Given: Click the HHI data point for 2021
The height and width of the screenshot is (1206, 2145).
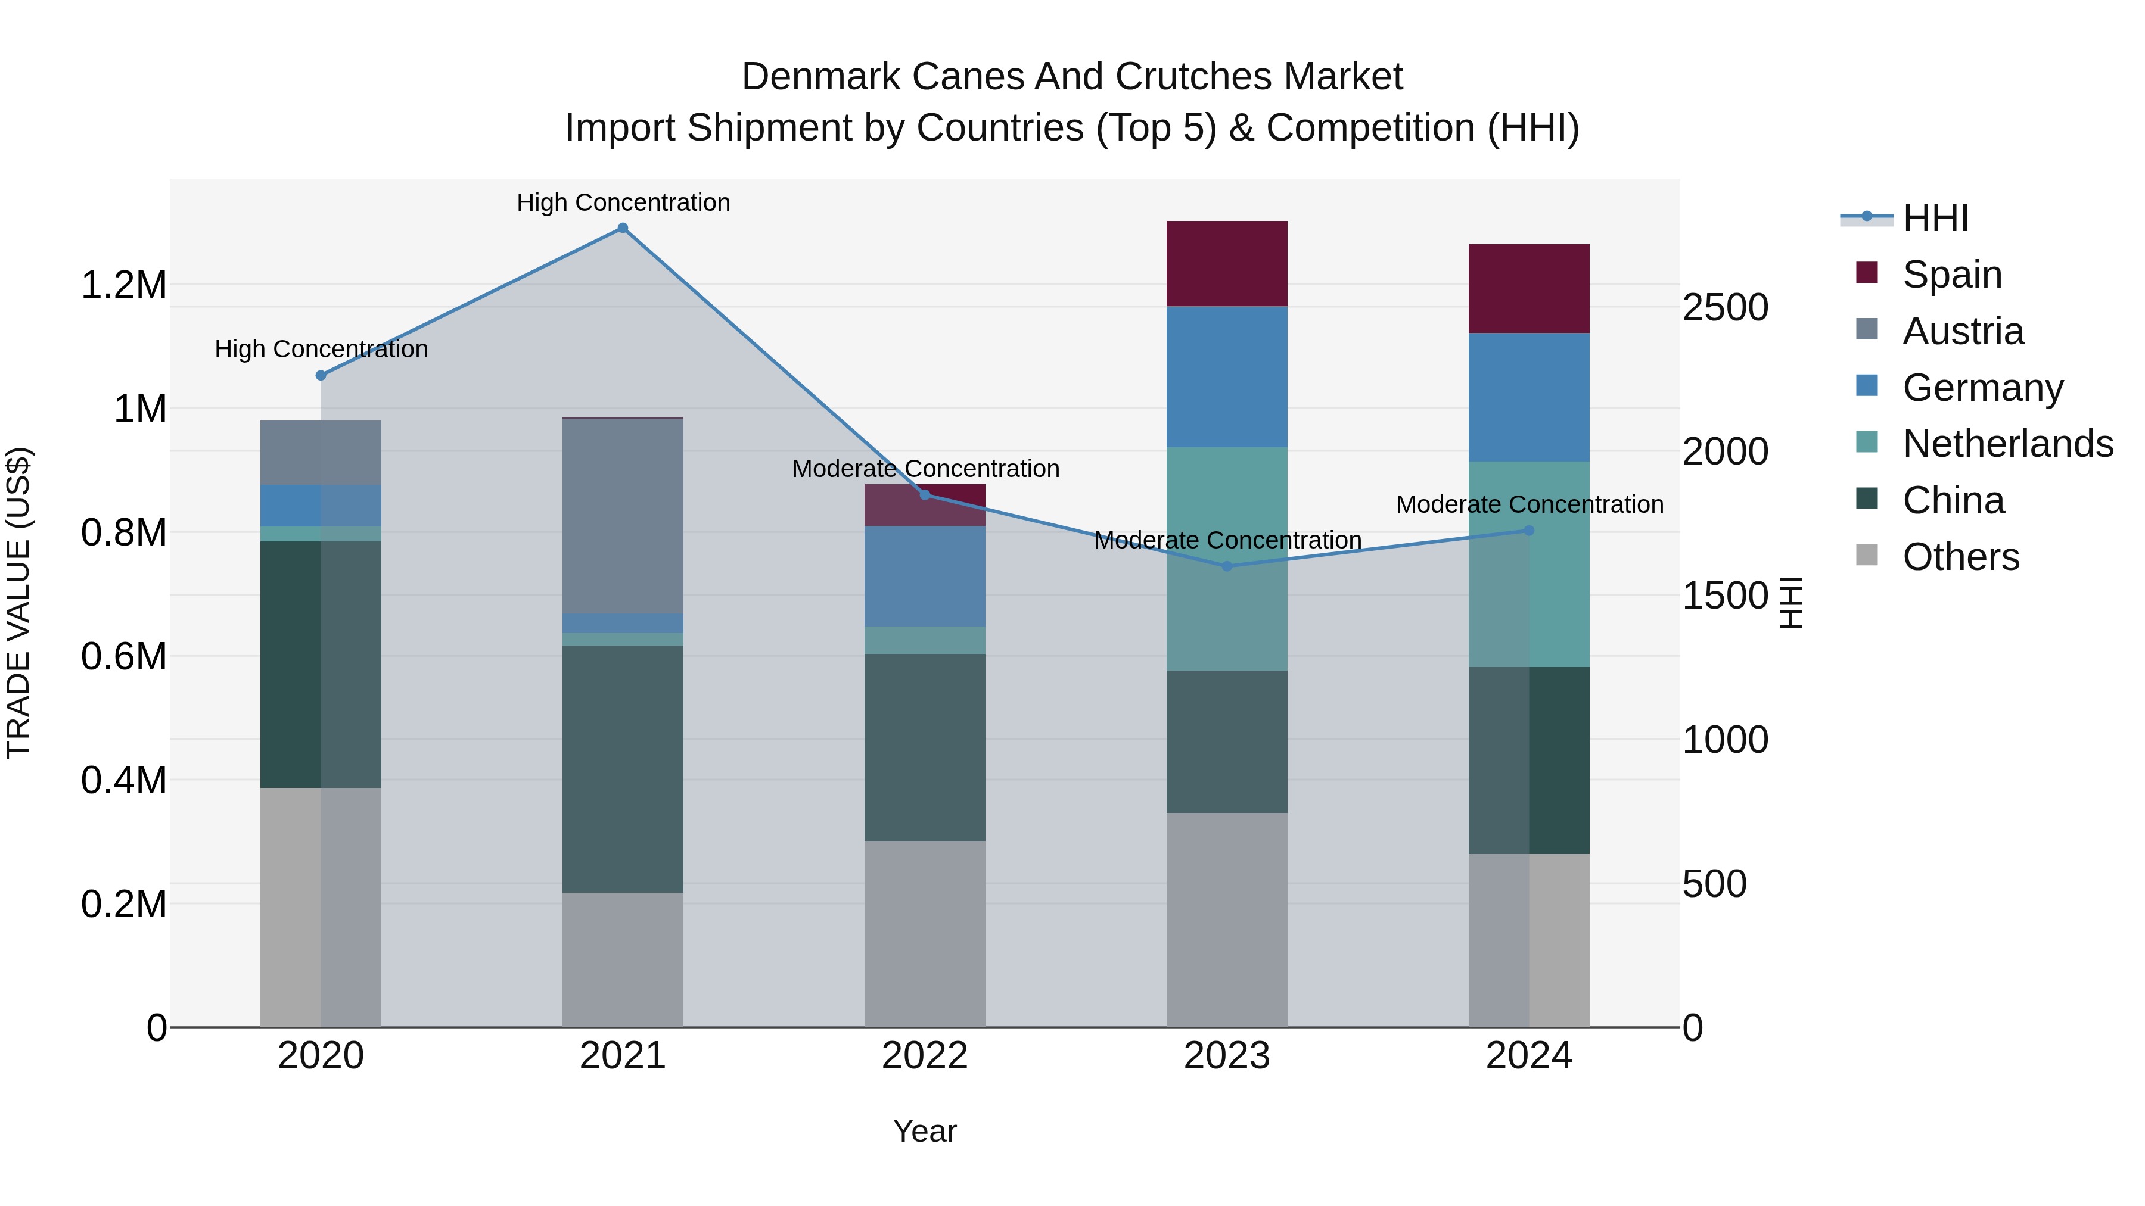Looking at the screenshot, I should pyautogui.click(x=622, y=228).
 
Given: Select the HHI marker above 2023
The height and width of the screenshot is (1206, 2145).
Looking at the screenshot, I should pyautogui.click(x=1227, y=566).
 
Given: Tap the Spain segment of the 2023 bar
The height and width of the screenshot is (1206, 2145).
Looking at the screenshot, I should pyautogui.click(x=1227, y=264).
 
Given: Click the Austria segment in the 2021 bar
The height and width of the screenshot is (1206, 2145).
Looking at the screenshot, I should pyautogui.click(x=622, y=516).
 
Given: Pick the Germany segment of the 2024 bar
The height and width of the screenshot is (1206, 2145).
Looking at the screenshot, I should pyautogui.click(x=1529, y=397).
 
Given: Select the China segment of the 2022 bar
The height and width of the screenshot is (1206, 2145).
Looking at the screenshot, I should pyautogui.click(x=924, y=747).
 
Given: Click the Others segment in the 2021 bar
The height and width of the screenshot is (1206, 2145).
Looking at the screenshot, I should pyautogui.click(x=622, y=959).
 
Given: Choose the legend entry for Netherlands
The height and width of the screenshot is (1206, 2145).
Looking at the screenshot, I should pyautogui.click(x=2007, y=444).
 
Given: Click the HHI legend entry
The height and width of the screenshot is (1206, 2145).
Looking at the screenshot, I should pyautogui.click(x=1934, y=218).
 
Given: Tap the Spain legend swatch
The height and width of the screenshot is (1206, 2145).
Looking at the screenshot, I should pyautogui.click(x=1867, y=273).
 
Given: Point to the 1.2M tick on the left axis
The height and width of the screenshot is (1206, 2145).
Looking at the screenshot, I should pyautogui.click(x=123, y=285).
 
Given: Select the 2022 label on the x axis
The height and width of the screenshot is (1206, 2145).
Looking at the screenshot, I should pyautogui.click(x=924, y=1056).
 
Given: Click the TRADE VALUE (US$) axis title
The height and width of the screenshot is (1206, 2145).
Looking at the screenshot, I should pyautogui.click(x=18, y=603).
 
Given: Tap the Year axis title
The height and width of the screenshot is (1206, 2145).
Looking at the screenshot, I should pyautogui.click(x=924, y=1131).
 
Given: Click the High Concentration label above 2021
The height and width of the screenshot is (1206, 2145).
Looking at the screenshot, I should pyautogui.click(x=623, y=202).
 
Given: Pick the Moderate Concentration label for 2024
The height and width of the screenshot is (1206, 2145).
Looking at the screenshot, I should pyautogui.click(x=1529, y=504).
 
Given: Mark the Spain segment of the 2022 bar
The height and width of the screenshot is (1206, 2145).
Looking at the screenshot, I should pyautogui.click(x=924, y=504).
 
